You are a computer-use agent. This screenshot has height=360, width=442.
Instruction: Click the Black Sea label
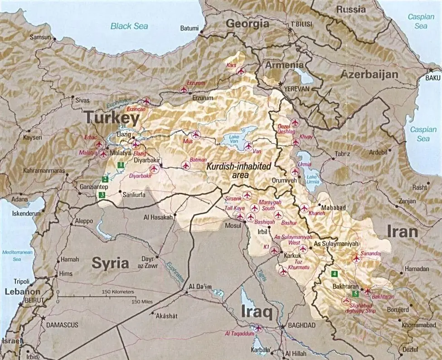pyautogui.click(x=129, y=26)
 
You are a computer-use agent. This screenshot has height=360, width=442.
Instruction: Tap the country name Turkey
pyautogui.click(x=112, y=119)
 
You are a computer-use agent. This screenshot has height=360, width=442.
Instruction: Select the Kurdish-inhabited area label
pyautogui.click(x=238, y=170)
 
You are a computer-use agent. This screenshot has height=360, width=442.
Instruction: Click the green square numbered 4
pyautogui.click(x=334, y=274)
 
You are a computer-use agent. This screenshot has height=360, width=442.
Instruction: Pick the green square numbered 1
pyautogui.click(x=121, y=165)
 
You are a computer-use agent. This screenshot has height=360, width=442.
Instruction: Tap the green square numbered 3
pyautogui.click(x=102, y=195)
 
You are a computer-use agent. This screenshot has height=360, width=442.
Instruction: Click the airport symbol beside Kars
pyautogui.click(x=241, y=71)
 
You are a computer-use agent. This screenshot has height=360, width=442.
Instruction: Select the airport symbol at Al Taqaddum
pyautogui.click(x=258, y=328)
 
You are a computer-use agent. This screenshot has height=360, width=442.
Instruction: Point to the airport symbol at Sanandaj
pyautogui.click(x=356, y=258)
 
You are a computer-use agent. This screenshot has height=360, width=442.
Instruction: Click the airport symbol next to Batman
pyautogui.click(x=185, y=165)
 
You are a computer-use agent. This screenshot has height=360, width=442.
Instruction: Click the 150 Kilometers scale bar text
pyautogui.click(x=118, y=292)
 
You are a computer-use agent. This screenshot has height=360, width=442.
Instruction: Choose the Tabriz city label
pyautogui.click(x=342, y=154)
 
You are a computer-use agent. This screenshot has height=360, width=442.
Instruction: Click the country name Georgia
pyautogui.click(x=248, y=24)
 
